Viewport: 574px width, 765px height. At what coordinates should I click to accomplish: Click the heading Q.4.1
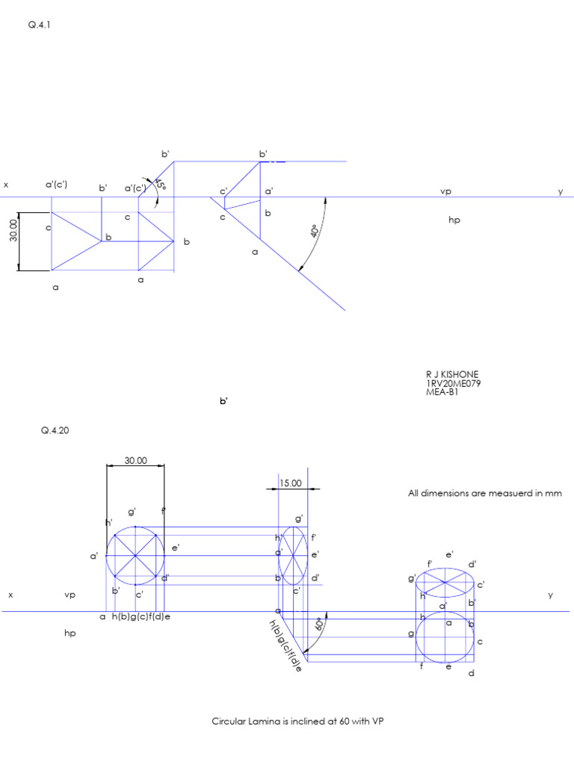pos(40,25)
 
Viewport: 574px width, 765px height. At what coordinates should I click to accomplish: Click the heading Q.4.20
pos(55,430)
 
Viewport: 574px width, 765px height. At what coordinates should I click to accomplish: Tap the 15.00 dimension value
pos(291,483)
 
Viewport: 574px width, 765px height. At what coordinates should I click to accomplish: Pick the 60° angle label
pos(320,625)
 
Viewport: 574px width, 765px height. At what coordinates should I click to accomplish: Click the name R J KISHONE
pos(451,374)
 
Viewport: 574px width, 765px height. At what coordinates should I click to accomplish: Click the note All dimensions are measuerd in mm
pos(484,493)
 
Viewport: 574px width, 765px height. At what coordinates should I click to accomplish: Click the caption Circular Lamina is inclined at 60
pos(298,721)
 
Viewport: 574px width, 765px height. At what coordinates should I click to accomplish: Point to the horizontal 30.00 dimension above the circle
pos(135,460)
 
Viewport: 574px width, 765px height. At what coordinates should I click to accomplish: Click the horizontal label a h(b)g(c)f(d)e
pos(135,617)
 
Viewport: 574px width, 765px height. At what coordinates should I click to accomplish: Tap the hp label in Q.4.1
pos(454,220)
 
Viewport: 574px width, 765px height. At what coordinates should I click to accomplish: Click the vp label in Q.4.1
pos(446,192)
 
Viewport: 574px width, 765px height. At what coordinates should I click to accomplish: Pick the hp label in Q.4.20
pos(70,633)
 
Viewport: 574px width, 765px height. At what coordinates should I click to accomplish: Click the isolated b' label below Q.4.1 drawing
pos(223,401)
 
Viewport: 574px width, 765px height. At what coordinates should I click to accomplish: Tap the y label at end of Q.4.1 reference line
pos(560,192)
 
